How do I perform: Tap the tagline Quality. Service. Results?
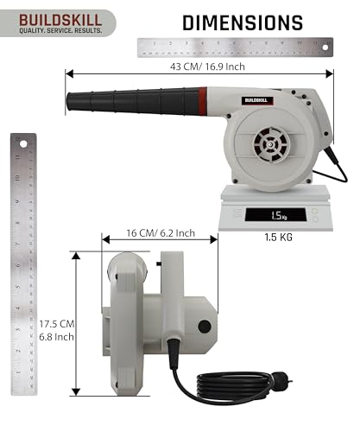[54, 30]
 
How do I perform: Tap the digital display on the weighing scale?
[277, 217]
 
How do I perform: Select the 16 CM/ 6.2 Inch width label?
[160, 233]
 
